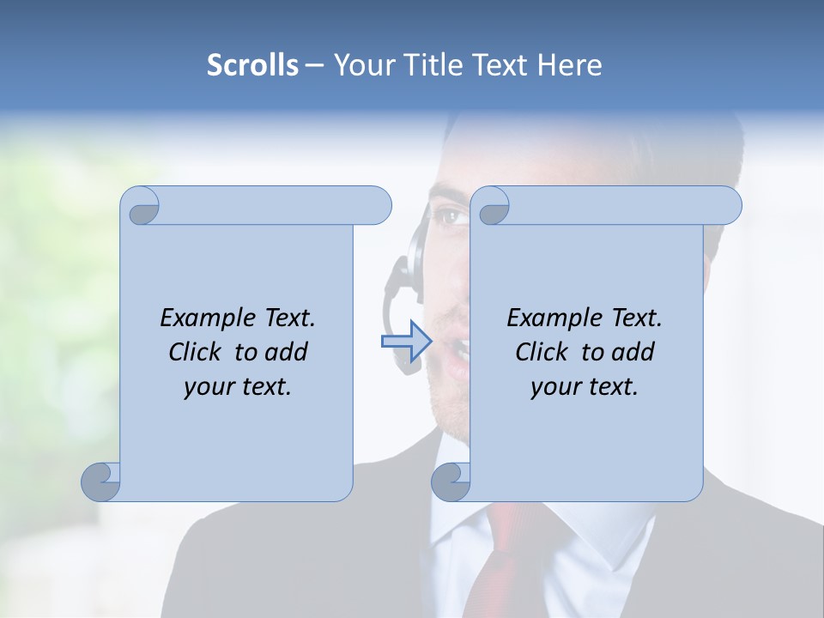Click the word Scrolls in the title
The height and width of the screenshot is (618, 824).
coord(252,65)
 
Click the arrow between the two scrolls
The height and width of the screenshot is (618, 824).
coord(405,341)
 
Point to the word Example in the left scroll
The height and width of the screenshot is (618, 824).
coord(205,318)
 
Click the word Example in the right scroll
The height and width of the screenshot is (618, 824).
coord(552,318)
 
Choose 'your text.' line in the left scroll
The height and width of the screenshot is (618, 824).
coord(238,387)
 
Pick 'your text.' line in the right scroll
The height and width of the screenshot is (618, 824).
coord(585,387)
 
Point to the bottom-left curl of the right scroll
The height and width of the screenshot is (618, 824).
coord(451,482)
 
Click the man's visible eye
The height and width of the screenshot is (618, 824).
coord(448,215)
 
